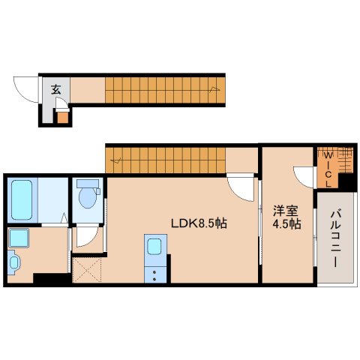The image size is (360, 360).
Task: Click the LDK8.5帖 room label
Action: click(x=199, y=223)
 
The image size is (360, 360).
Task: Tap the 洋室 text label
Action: click(x=286, y=211)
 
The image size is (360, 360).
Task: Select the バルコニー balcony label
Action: click(x=335, y=239)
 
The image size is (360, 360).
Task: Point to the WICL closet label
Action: click(x=328, y=170)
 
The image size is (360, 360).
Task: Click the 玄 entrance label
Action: click(x=55, y=89)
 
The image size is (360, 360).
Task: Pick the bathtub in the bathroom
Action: click(x=22, y=199)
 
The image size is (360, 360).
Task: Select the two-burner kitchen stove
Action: click(x=155, y=274)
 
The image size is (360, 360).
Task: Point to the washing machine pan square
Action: click(x=19, y=238)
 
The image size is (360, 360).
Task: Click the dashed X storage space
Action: click(x=86, y=270)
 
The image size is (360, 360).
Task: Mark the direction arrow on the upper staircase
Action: click(x=214, y=89)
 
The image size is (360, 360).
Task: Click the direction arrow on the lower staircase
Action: click(x=116, y=160)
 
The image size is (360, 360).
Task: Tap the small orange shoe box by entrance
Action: click(x=62, y=117)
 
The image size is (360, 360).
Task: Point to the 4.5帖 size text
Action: click(x=286, y=224)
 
